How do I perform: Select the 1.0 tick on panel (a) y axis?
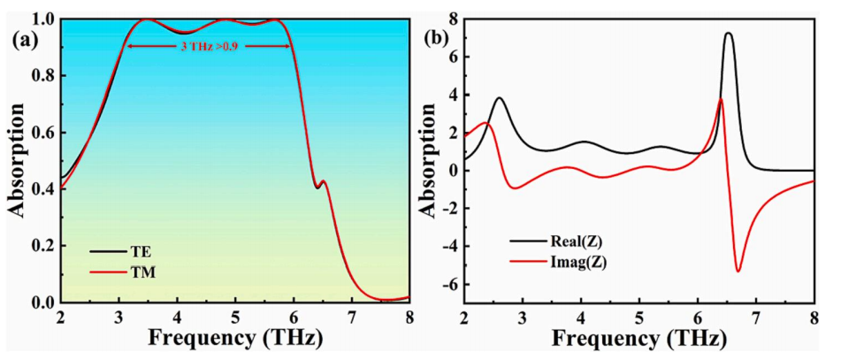tap(42, 19)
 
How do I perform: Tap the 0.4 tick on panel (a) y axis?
tap(42, 189)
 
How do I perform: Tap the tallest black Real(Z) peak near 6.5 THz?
tap(728, 34)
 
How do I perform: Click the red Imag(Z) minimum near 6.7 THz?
tap(738, 271)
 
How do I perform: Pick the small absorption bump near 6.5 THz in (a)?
tap(324, 181)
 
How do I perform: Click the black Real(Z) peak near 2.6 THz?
tap(500, 98)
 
